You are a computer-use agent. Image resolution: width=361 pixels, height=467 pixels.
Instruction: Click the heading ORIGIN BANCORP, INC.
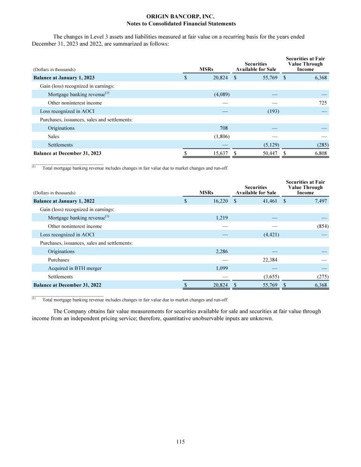(181, 16)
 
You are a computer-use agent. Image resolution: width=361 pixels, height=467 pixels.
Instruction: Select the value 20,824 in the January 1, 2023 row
(220, 78)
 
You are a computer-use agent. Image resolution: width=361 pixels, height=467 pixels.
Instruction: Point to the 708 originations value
(224, 128)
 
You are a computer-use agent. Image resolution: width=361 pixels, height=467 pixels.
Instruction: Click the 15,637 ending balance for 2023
(220, 153)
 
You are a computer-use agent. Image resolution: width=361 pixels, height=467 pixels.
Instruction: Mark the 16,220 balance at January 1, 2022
(220, 201)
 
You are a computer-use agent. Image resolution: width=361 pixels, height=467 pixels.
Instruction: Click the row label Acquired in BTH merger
(75, 268)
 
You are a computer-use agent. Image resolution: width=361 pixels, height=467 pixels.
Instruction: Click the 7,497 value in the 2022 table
(320, 201)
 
